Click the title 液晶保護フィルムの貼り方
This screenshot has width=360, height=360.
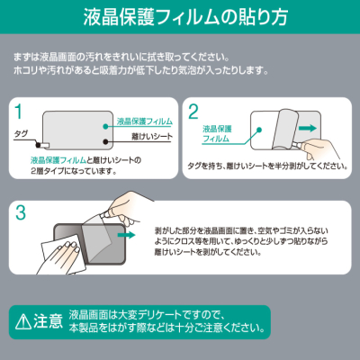click(x=179, y=17)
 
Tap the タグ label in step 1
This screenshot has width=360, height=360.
click(x=22, y=132)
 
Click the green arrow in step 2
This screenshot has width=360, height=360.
click(x=306, y=129)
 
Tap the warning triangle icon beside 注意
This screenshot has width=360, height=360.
click(x=21, y=319)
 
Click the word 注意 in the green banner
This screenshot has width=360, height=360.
click(x=48, y=319)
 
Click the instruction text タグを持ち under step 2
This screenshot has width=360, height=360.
click(x=270, y=166)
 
